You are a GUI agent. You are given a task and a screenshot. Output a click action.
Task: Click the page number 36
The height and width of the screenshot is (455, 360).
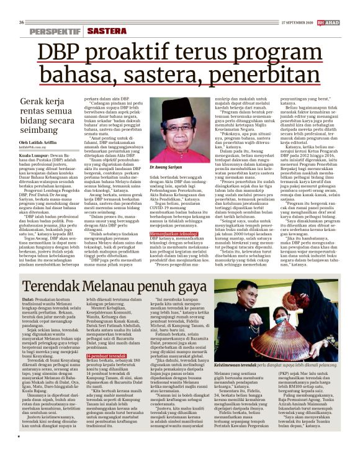click(x=22, y=6)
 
